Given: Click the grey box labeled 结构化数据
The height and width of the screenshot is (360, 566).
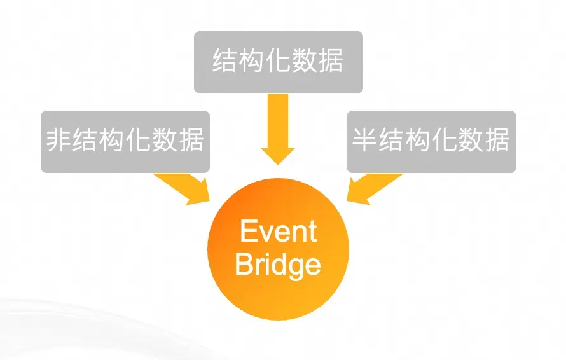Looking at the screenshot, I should click(278, 62).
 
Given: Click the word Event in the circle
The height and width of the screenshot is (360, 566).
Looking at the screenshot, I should click(278, 232).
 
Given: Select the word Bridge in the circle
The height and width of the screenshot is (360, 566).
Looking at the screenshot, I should click(278, 263).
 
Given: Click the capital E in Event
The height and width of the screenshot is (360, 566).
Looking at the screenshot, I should click(248, 232).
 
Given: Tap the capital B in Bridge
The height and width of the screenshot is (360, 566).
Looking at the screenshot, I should click(244, 263).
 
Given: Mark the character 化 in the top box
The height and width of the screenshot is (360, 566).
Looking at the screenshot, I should click(278, 62).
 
